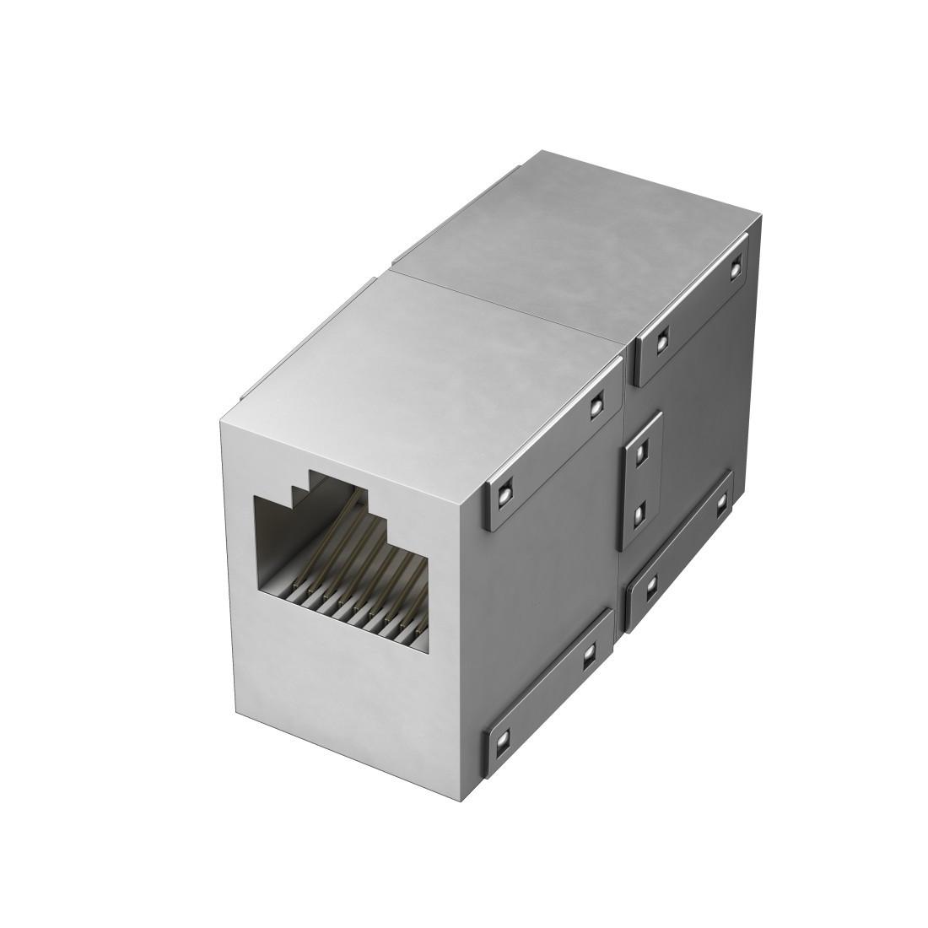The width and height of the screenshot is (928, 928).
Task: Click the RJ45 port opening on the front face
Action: coord(342,565)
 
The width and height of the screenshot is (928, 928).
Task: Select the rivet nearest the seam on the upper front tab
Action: coord(596,407)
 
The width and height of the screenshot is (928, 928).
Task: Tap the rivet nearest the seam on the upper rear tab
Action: coord(661,341)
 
